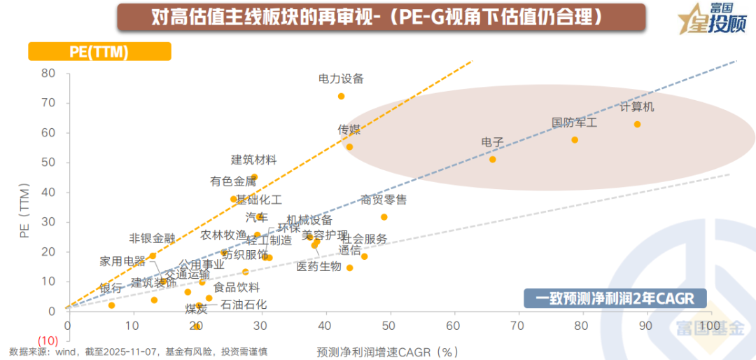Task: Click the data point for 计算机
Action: pos(637,125)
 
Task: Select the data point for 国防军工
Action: pos(575,140)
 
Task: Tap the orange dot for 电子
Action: pos(492,160)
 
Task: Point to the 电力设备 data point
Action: pos(341,97)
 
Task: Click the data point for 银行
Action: pos(111,305)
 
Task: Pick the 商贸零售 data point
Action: pos(384,217)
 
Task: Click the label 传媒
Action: pos(349,130)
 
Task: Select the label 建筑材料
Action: pos(254,160)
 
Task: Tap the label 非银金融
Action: pos(152,238)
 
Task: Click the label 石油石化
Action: pos(244,305)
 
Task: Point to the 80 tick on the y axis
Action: pos(48,74)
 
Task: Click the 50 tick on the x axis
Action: pos(388,326)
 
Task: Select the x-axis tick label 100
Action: pos(710,326)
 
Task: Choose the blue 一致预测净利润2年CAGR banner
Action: pos(615,299)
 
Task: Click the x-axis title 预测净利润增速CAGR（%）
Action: pos(387,351)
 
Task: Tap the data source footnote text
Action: pos(139,351)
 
